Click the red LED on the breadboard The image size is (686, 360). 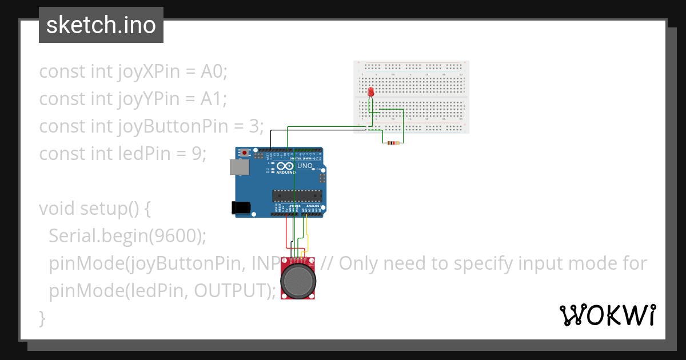[370, 91]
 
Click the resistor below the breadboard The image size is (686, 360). [393, 142]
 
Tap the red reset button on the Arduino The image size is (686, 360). [246, 153]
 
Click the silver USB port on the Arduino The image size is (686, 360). [239, 166]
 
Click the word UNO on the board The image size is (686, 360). [305, 166]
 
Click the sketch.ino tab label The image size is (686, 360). [101, 25]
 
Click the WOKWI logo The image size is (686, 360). [607, 315]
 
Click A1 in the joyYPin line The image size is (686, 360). [214, 99]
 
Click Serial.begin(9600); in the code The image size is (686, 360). [127, 236]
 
